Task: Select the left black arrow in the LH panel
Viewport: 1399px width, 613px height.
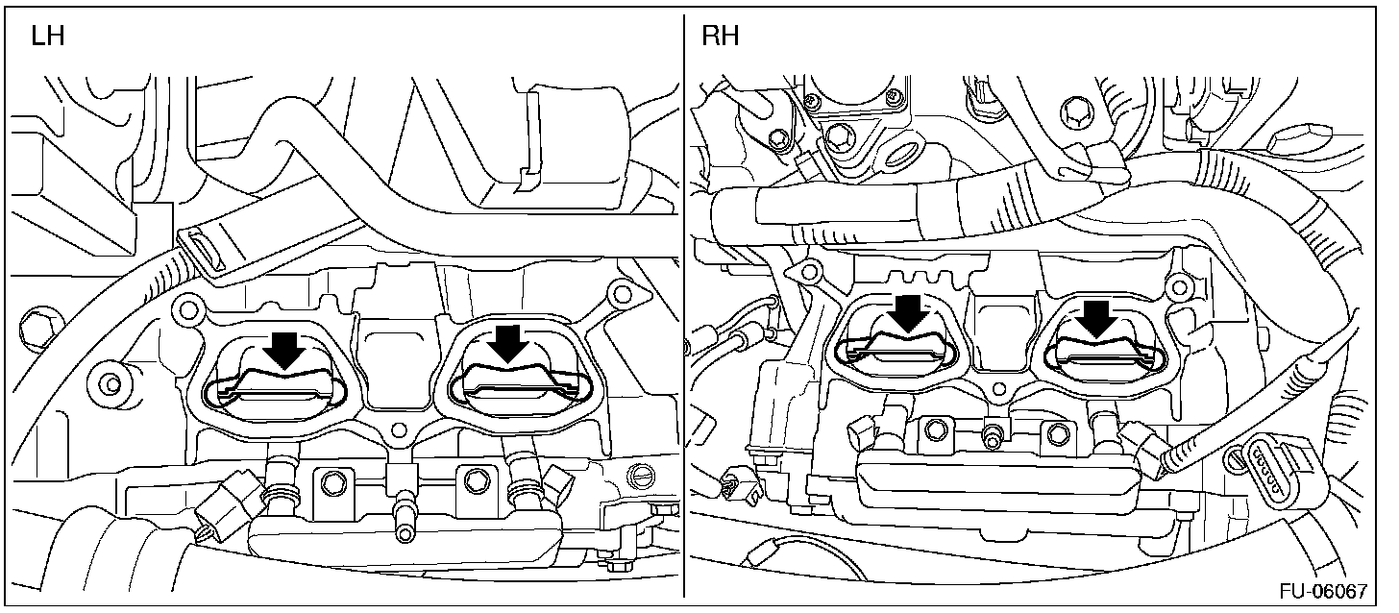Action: (284, 350)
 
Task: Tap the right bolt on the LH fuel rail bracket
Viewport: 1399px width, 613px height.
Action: (471, 477)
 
